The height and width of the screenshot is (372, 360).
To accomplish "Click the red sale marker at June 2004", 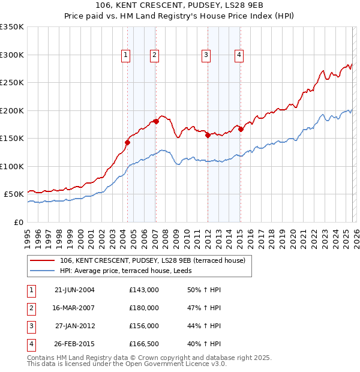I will click(127, 142).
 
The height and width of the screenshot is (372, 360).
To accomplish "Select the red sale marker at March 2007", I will click(156, 121).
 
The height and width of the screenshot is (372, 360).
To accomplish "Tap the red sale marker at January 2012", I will click(208, 135).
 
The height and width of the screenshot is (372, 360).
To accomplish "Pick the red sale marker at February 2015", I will click(240, 129).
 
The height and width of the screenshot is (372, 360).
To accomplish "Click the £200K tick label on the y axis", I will click(12, 110).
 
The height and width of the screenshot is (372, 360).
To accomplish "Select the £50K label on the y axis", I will click(14, 194).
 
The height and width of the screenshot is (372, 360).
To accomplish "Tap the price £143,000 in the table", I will click(144, 289).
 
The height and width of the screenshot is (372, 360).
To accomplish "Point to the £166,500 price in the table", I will click(144, 344).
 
